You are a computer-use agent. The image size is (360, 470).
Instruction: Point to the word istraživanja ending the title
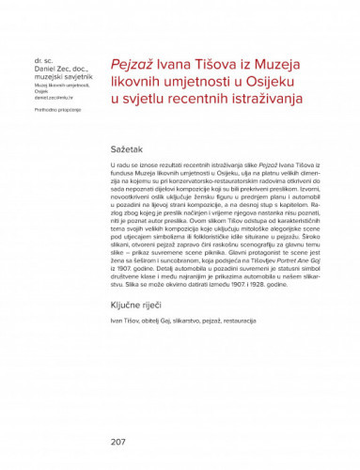tap(262, 98)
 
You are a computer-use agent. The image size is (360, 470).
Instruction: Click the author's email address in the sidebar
tap(47, 98)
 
